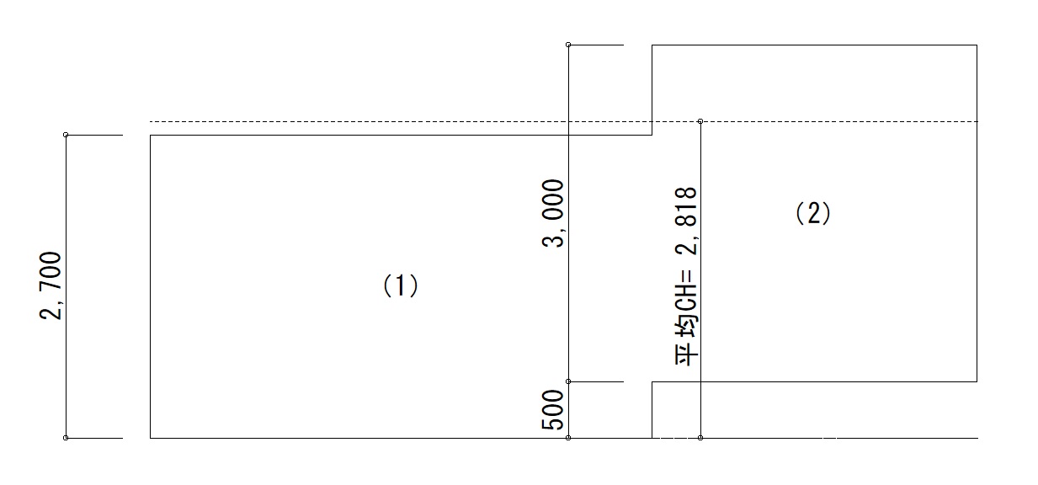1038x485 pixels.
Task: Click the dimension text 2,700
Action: pos(50,285)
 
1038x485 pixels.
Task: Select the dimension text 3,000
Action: pos(553,213)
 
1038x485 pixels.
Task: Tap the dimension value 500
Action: pos(553,410)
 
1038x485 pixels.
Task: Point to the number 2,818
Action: pos(686,221)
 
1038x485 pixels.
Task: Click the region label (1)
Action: pos(401,285)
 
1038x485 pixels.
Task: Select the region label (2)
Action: pos(813,214)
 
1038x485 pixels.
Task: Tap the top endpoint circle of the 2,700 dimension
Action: pos(66,135)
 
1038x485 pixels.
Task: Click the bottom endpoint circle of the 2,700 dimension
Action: pos(66,438)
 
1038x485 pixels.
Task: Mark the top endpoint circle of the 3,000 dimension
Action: pos(568,45)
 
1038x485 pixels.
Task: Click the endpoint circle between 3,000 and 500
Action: pos(568,381)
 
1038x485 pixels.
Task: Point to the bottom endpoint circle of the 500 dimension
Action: pos(568,438)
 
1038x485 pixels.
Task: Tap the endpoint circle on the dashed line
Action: pos(700,121)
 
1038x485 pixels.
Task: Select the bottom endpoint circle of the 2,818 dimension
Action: pos(700,438)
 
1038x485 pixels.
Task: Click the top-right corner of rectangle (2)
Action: pos(977,45)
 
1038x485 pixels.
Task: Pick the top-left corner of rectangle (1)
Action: pos(150,136)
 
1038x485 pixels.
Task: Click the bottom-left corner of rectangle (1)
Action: pos(150,438)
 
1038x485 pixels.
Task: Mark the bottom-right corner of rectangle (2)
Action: pos(977,381)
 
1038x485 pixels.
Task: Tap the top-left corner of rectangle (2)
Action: pos(652,45)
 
